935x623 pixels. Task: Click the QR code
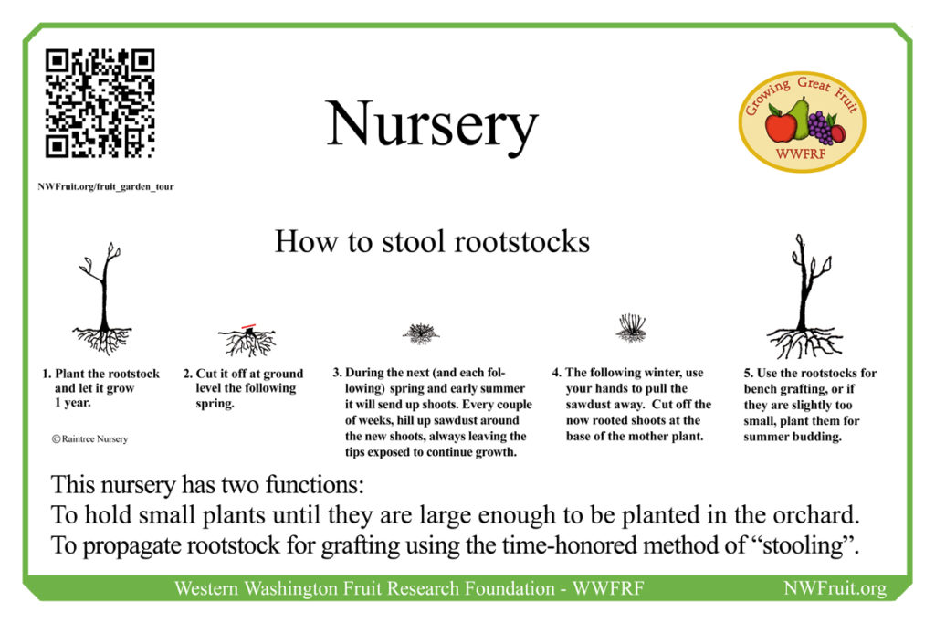coord(100,103)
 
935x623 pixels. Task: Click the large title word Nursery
coord(432,125)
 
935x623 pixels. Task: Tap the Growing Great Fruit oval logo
coord(802,121)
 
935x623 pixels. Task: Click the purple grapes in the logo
coord(819,128)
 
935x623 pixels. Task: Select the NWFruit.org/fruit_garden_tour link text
coord(106,186)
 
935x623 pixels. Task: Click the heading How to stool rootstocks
coord(432,242)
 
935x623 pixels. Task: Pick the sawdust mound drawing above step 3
coord(420,333)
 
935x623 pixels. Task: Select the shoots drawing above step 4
coord(631,328)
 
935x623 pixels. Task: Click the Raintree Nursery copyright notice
coord(89,439)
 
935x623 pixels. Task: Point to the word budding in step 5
coord(819,437)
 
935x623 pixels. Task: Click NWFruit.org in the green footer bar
coord(835,589)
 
